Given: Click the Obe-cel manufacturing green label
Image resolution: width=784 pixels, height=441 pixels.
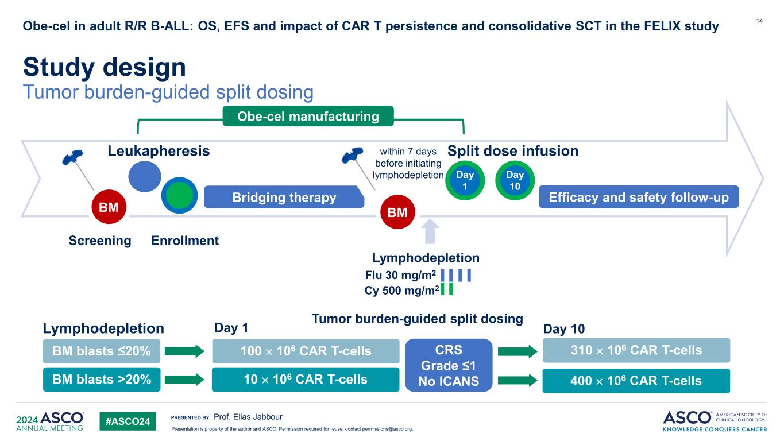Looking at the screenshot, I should tap(308, 117).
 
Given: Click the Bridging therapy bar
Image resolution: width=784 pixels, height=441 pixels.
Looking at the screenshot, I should tap(284, 198).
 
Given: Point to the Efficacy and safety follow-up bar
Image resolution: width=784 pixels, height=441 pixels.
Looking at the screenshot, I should tap(638, 198).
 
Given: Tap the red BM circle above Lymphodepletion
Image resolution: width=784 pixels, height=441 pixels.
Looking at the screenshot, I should tap(397, 212).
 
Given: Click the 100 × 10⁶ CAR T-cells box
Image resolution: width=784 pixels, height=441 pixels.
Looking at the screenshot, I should tap(305, 351).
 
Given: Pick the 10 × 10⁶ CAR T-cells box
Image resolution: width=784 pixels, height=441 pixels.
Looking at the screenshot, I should tap(305, 379).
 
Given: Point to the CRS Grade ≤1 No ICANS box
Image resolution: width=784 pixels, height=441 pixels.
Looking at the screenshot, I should tap(449, 365).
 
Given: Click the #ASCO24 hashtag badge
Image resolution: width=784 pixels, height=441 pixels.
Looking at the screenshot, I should tap(128, 422).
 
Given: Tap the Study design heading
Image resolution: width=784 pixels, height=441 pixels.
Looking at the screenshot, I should tap(105, 68).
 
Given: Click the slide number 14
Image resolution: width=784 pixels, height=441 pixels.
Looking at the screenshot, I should tap(759, 21).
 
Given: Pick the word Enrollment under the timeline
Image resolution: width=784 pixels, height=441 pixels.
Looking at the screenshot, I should tap(185, 241).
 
